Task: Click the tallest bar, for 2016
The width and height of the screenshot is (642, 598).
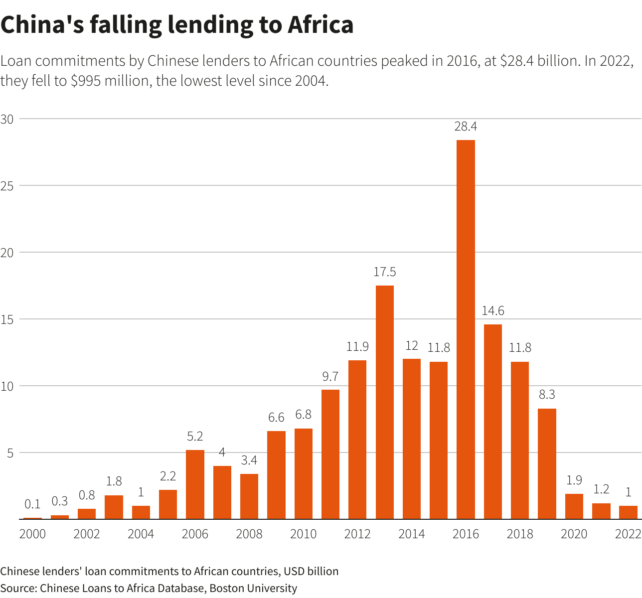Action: pos(466,329)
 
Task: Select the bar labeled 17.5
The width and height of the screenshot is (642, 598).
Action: pos(384,402)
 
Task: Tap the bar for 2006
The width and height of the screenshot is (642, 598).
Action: pos(195,484)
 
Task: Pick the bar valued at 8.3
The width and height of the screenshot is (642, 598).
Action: pos(547,463)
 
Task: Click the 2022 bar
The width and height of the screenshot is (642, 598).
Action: pos(628,512)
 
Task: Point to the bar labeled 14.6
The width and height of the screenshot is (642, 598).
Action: pos(492,422)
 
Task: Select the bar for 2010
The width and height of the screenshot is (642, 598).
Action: pos(303,473)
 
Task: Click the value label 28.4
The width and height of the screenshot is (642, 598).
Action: pos(466,127)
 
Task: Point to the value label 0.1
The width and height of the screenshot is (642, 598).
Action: pos(32,504)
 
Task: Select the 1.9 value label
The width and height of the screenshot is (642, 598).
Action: pos(574,480)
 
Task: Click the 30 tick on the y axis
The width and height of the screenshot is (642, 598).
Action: pos(7,119)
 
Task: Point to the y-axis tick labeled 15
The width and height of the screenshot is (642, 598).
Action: pos(7,319)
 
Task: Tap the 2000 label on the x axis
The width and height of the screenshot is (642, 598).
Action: pos(32,534)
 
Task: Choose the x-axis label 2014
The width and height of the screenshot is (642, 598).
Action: pos(412,534)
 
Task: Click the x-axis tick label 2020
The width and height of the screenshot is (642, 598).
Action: pos(574,534)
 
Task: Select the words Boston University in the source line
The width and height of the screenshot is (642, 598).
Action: pos(253,588)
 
